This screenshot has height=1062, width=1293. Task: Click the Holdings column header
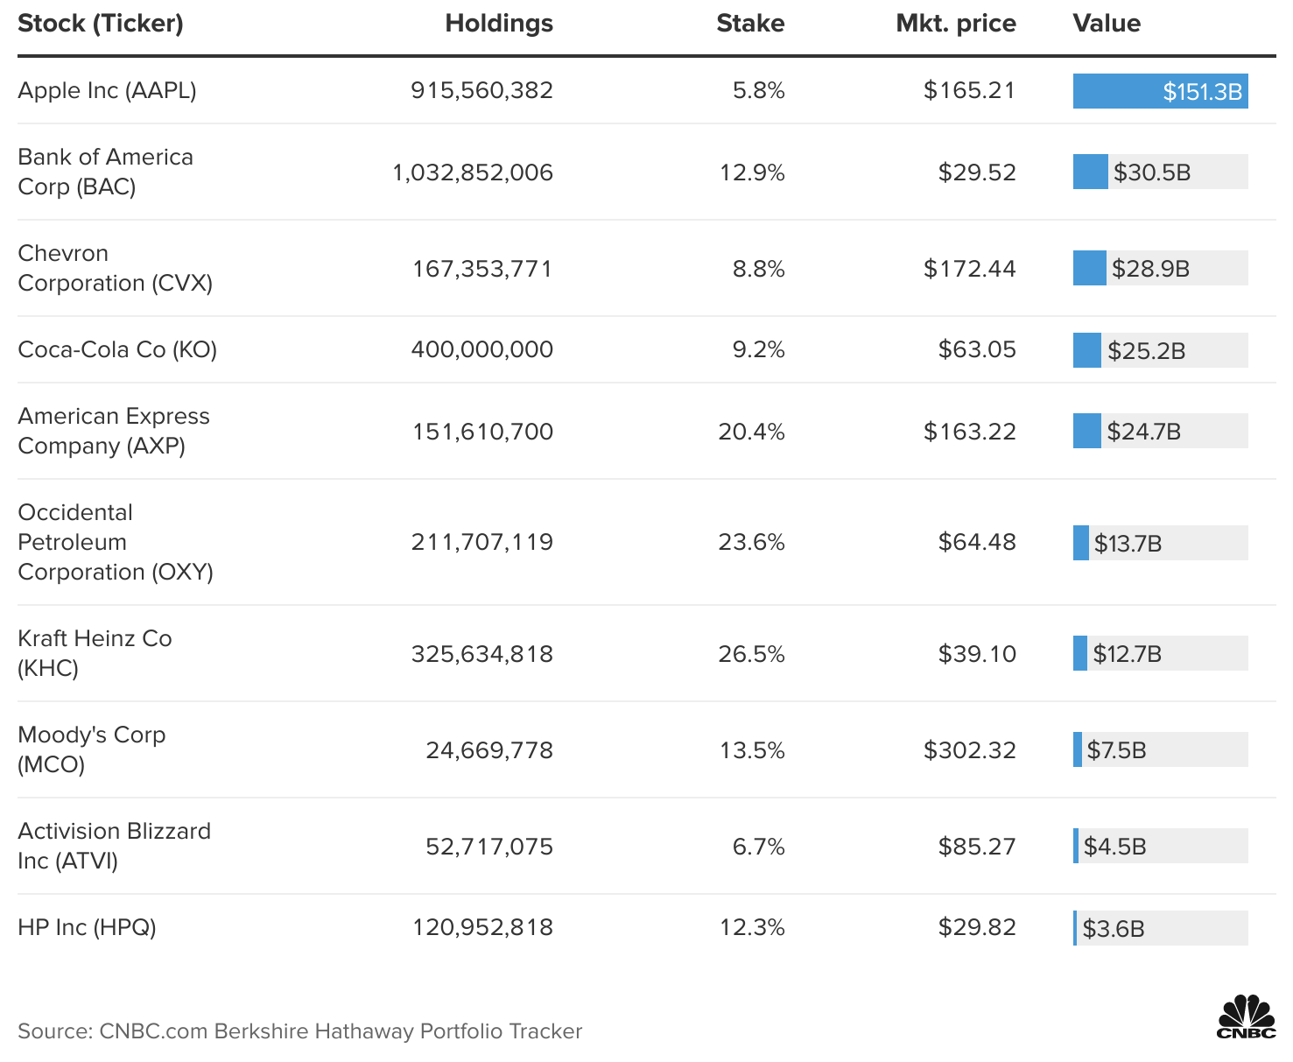click(498, 24)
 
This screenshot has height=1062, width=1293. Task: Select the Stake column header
click(749, 24)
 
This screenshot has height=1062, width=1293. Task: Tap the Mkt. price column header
click(955, 24)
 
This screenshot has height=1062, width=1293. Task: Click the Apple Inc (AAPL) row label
click(107, 90)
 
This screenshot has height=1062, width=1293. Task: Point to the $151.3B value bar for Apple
click(1160, 91)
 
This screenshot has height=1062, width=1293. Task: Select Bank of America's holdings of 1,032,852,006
click(473, 172)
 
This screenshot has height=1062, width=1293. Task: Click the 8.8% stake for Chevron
click(758, 269)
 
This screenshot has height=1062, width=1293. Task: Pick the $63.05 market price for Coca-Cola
click(977, 349)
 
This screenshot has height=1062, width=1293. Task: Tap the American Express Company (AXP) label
click(114, 431)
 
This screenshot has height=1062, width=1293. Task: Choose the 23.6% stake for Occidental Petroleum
click(751, 542)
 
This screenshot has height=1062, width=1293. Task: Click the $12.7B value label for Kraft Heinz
click(1127, 654)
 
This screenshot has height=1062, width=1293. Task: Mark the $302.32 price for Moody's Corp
click(969, 750)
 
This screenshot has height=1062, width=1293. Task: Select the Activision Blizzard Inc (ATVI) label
click(114, 846)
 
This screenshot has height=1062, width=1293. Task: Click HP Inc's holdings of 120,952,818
click(482, 927)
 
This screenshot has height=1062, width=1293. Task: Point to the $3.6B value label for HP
click(1113, 929)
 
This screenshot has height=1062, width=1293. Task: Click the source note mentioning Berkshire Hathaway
click(299, 1031)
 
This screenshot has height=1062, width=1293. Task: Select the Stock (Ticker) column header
click(101, 24)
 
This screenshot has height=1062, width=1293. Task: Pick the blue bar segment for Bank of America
click(1090, 172)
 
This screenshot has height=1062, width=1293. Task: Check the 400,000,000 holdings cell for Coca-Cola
click(481, 349)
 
